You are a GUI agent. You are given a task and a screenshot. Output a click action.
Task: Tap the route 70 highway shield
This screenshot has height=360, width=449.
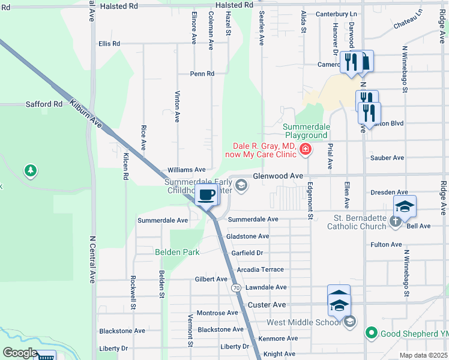pos(237,289)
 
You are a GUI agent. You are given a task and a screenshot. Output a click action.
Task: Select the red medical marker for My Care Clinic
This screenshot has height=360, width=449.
pos(306,149)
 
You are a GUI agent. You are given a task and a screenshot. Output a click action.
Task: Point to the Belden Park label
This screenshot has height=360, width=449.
pos(177,253)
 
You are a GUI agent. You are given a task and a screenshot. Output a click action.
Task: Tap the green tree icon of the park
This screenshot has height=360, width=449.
pos(30,172)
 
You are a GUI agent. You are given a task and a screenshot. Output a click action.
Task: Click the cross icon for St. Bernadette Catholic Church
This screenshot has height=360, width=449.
pos(395,221)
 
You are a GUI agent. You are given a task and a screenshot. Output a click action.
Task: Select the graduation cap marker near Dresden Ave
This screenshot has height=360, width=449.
pos(405,206)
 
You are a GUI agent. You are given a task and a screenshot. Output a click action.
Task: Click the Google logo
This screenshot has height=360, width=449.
pos(20,353)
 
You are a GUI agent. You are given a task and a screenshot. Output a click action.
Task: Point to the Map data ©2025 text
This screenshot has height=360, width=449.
pos(423,356)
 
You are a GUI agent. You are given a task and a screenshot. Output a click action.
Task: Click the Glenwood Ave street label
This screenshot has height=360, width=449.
pos(278,176)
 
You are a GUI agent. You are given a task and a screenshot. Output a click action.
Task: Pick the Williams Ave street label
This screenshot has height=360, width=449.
pos(187,170)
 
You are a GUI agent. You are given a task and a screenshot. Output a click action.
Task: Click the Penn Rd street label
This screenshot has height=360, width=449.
pos(202,74)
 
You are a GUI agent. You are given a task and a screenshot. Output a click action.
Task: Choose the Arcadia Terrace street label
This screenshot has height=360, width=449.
pos(259,270)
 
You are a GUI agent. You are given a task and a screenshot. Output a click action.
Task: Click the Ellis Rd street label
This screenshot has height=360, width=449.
pos(109,44)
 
